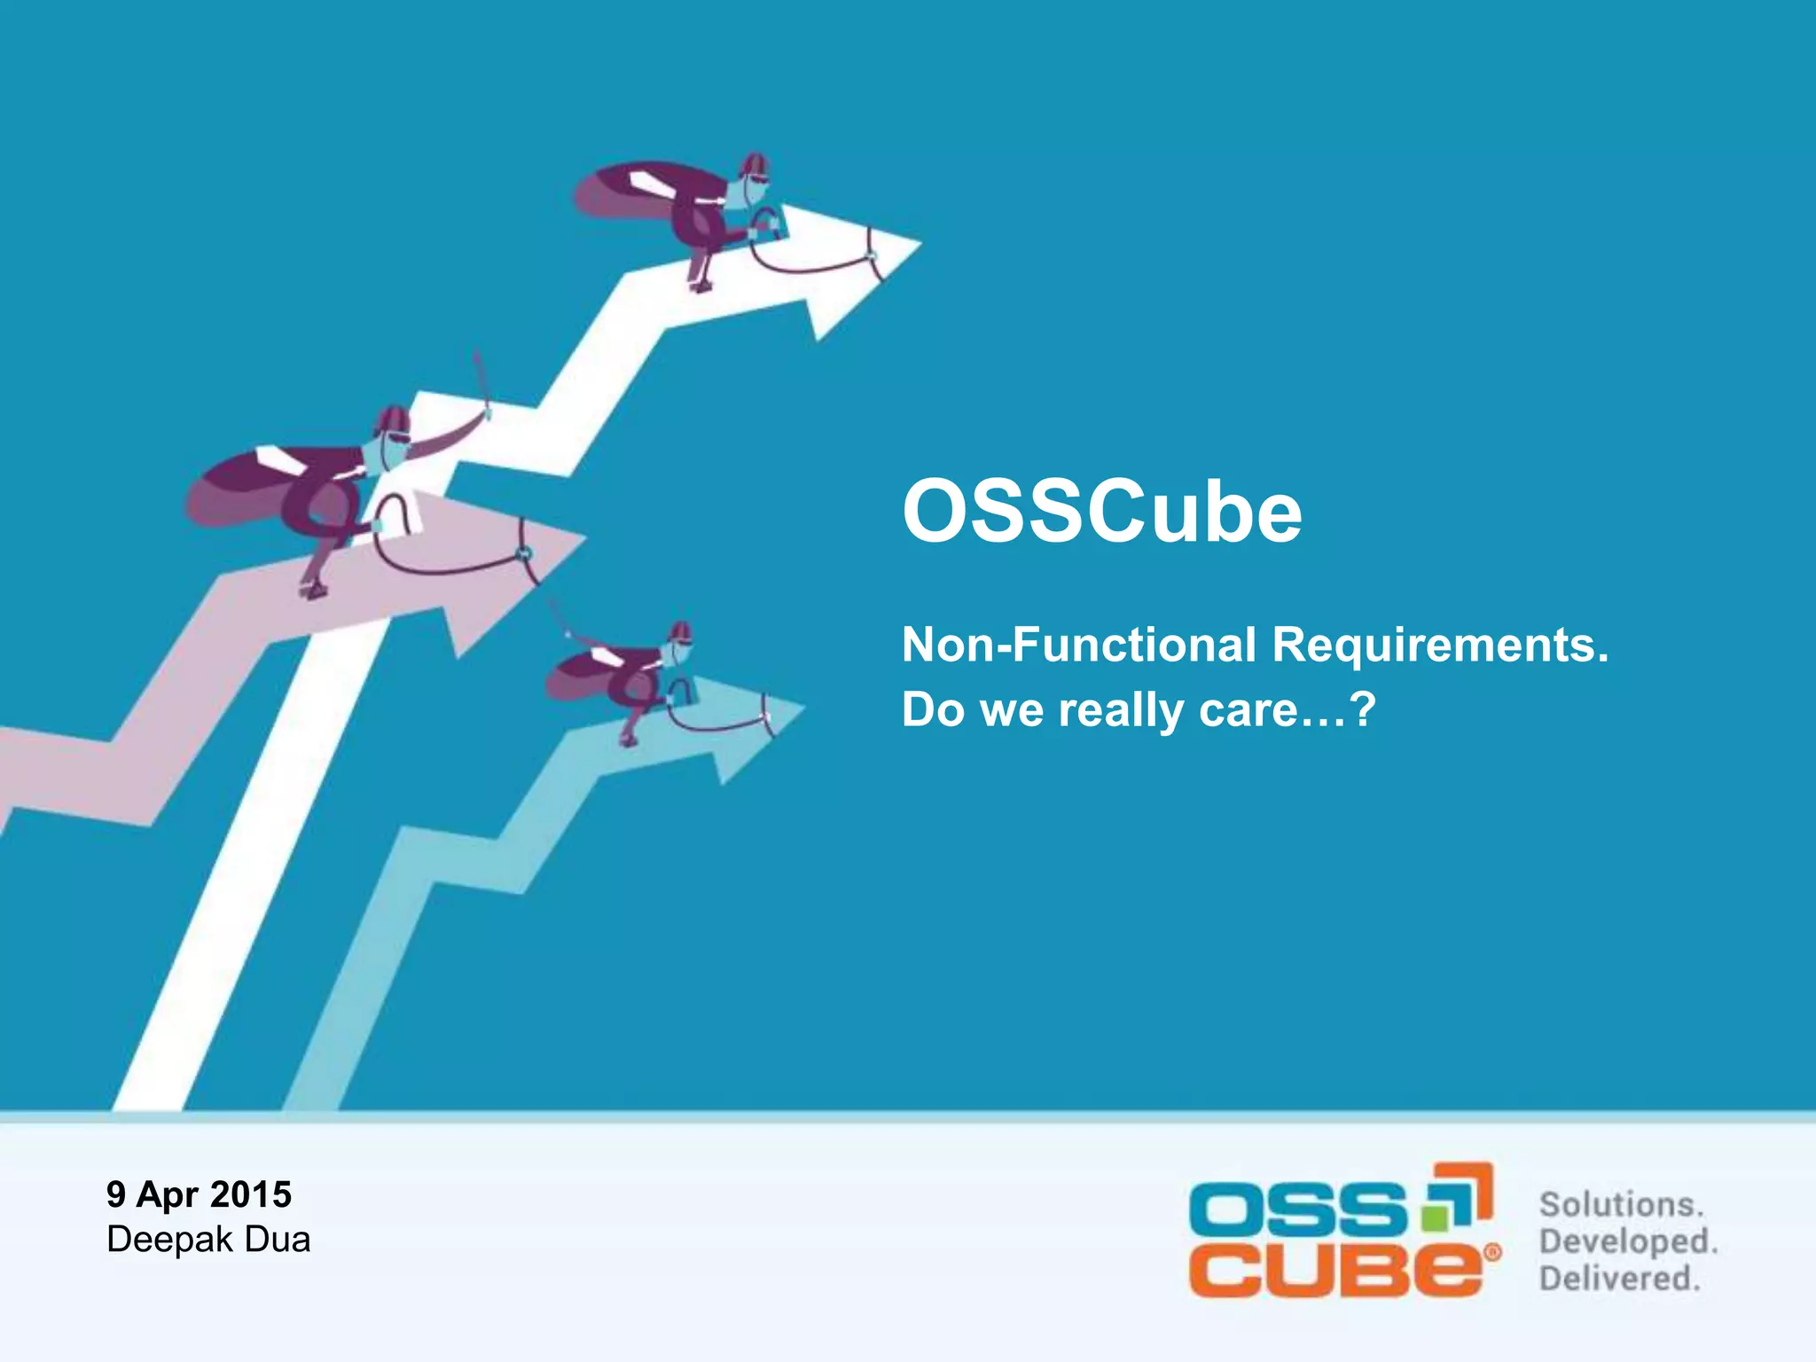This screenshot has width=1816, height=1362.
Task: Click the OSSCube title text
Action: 1101,513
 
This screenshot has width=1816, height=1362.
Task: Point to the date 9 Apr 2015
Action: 199,1194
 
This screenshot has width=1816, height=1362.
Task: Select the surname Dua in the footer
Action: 278,1240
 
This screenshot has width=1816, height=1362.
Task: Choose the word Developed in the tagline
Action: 1628,1241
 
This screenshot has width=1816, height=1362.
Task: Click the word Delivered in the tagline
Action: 1619,1279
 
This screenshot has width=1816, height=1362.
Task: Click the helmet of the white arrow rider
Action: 754,165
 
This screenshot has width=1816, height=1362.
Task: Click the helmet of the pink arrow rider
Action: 391,420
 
